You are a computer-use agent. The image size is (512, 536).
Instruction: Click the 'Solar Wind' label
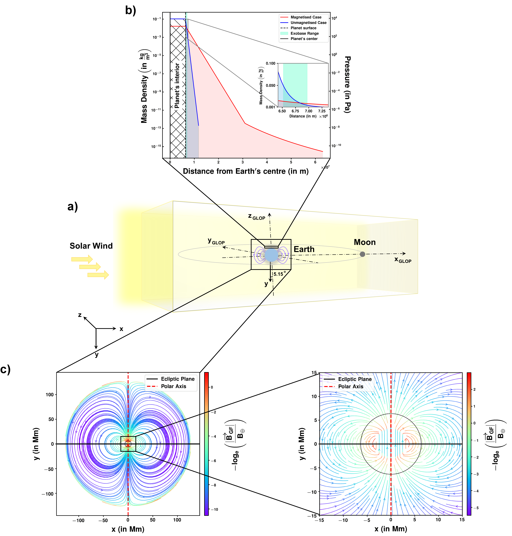91,246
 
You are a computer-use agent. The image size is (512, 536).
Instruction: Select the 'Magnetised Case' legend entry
306,17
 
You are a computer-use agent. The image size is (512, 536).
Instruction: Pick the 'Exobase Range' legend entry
304,33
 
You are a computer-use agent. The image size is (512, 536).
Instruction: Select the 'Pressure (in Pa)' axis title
347,85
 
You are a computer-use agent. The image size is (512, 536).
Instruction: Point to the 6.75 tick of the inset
295,111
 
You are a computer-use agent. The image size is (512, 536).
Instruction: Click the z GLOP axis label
257,217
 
